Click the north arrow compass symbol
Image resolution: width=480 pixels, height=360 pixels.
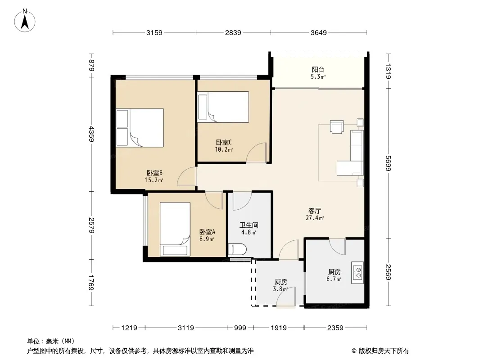[x=25, y=21]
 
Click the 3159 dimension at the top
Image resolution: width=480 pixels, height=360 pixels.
[x=154, y=32]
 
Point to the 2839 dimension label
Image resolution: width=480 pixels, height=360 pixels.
[x=233, y=32]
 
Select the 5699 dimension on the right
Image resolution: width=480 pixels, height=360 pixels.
[x=388, y=163]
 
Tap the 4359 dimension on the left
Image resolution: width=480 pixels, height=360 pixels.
[x=91, y=134]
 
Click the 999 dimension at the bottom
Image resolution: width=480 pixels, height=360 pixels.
[x=240, y=328]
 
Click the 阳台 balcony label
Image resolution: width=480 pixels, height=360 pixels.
[x=318, y=69]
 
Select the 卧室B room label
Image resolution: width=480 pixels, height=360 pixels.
[x=154, y=173]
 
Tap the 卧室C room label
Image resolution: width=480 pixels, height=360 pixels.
[x=224, y=142]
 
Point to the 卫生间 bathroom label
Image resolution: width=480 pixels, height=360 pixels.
[x=249, y=225]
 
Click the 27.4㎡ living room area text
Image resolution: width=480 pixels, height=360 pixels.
[x=315, y=218]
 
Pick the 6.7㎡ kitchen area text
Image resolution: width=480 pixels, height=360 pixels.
[x=334, y=279]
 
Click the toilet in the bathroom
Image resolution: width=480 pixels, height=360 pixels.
[x=237, y=249]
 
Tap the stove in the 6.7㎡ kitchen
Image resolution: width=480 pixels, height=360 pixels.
[x=358, y=273]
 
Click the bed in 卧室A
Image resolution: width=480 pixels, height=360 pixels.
[x=175, y=229]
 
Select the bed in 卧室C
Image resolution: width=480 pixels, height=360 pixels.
[x=223, y=107]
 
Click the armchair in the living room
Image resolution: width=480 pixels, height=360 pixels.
[x=337, y=126]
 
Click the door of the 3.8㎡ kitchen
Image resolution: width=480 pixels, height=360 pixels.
[x=286, y=297]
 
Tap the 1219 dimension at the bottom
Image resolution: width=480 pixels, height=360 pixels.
[x=129, y=328]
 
